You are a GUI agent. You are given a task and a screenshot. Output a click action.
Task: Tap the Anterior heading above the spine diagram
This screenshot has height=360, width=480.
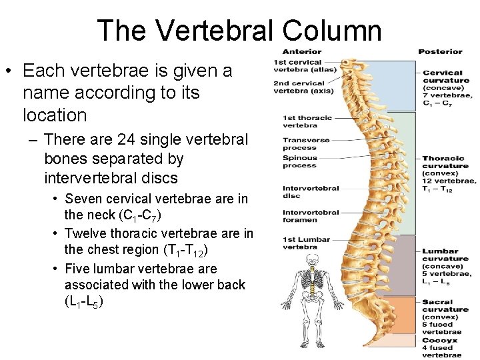(x=301, y=51)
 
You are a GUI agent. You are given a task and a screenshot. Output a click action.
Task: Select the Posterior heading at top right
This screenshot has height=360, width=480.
(x=440, y=51)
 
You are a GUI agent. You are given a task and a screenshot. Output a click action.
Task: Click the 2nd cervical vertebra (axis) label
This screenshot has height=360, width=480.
(x=299, y=87)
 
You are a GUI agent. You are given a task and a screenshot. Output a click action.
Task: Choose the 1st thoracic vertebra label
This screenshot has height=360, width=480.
(x=307, y=121)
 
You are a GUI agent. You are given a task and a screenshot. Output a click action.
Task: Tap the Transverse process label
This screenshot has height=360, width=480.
(x=301, y=143)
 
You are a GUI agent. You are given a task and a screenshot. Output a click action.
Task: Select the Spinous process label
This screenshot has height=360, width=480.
(x=300, y=161)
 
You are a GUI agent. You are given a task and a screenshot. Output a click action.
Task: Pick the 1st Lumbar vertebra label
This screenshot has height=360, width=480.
(x=305, y=242)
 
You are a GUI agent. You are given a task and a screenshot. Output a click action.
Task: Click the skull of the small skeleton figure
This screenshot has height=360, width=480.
(x=309, y=259)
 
